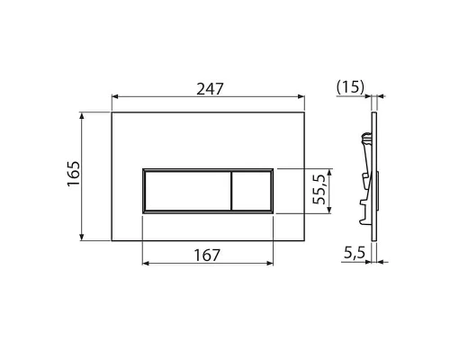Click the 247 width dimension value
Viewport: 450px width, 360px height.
click(x=208, y=88)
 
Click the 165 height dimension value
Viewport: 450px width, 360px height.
click(x=72, y=175)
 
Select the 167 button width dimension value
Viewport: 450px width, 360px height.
click(x=208, y=255)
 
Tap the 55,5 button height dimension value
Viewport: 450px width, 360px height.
click(x=318, y=190)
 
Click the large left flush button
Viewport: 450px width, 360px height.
click(x=185, y=190)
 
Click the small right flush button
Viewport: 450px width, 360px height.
click(x=252, y=190)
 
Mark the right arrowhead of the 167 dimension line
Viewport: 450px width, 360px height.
click(x=271, y=265)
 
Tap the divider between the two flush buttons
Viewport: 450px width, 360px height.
click(x=231, y=190)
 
